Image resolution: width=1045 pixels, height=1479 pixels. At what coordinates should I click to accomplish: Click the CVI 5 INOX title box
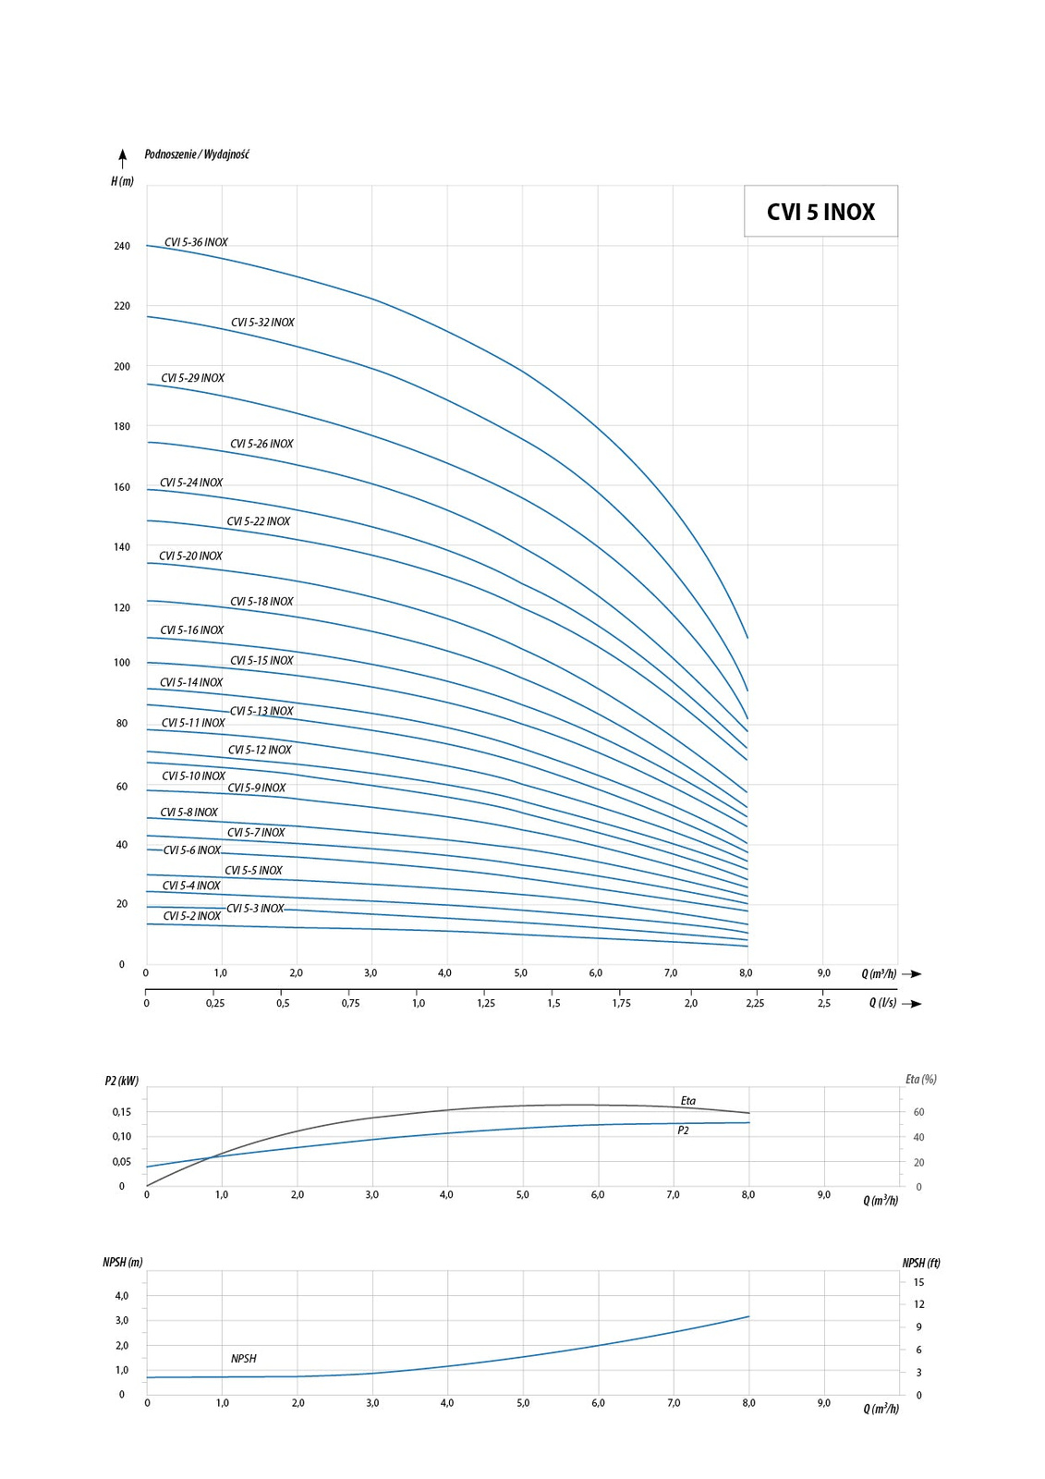pos(820,212)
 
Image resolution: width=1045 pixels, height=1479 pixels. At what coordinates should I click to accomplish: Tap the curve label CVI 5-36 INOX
pos(196,242)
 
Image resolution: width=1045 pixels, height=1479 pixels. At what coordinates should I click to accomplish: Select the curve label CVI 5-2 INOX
pos(192,916)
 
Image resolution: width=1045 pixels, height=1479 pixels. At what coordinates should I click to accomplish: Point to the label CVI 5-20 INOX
pos(190,556)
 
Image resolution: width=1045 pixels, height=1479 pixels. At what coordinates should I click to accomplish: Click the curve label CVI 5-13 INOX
pos(261,711)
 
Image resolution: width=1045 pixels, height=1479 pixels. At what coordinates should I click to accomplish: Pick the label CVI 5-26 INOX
pos(261,444)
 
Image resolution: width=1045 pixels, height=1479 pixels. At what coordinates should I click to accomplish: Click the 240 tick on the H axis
pos(122,246)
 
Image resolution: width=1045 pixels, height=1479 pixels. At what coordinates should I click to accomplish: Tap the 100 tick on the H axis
pos(122,663)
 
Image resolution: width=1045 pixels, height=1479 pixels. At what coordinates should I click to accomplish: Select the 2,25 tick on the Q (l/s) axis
pos(755,1003)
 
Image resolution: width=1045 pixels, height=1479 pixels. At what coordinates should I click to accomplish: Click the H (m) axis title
pos(122,181)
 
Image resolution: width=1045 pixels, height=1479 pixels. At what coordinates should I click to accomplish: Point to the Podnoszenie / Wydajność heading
pos(197,154)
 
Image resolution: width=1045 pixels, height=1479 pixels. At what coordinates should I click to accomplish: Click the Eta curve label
pos(688,1100)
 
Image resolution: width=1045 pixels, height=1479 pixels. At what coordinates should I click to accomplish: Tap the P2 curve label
pos(683,1131)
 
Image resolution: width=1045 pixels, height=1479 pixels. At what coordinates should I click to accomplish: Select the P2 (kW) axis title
pos(121,1081)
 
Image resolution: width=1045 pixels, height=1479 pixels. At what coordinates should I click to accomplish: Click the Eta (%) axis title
pos(920,1079)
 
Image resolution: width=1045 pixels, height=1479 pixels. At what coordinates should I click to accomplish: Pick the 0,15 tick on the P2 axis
pos(122,1112)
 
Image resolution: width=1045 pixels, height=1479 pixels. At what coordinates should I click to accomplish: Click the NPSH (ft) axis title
pos(920,1263)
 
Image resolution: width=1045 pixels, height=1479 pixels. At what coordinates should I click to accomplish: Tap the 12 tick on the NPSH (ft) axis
pos(918,1304)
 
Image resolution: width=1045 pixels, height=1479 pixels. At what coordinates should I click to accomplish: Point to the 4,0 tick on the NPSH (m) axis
pos(122,1296)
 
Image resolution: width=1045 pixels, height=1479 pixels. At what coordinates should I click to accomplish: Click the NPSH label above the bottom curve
pos(244,1358)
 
